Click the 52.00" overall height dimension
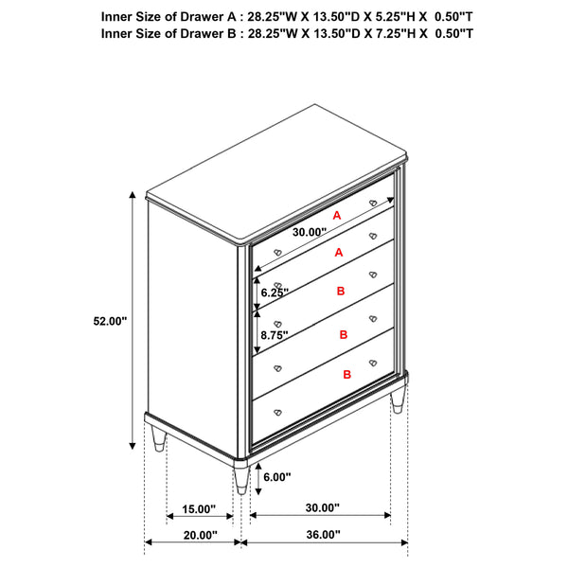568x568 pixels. coord(110,321)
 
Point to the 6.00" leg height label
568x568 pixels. coord(276,477)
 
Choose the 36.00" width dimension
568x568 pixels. coord(323,535)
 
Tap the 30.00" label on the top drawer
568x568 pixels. coord(309,232)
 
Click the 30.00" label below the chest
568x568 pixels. coord(323,508)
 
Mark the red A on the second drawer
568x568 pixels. coord(338,253)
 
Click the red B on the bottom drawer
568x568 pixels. coord(346,375)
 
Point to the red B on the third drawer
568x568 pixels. coord(342,293)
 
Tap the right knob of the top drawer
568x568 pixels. coord(373,203)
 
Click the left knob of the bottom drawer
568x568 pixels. coord(279,412)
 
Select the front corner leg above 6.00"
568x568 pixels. coord(242,478)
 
